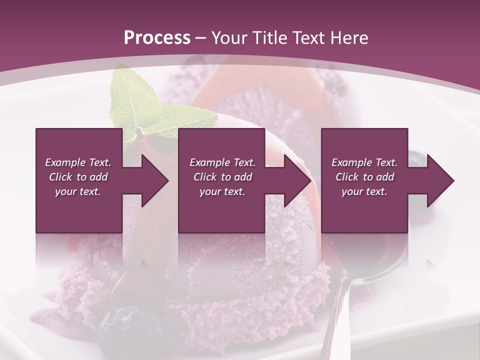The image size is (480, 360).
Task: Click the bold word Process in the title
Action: (157, 38)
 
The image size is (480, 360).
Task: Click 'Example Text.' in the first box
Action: (78, 162)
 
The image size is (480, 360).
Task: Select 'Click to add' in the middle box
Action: (222, 177)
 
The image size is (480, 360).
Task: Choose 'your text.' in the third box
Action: (364, 191)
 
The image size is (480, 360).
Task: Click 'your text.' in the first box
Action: (78, 191)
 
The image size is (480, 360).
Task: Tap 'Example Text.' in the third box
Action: (364, 162)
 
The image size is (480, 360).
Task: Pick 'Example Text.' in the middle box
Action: (222, 162)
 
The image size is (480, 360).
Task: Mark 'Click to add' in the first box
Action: (78, 177)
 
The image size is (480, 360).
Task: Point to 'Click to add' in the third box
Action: (364, 177)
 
